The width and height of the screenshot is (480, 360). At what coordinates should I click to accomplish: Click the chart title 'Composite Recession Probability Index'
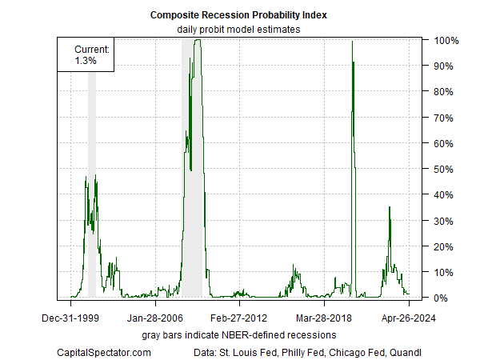pos(240,15)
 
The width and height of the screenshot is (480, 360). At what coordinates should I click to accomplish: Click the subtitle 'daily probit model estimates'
pos(239,30)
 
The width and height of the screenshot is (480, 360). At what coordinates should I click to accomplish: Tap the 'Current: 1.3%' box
pos(86,54)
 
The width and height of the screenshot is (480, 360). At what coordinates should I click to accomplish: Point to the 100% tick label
pos(446,40)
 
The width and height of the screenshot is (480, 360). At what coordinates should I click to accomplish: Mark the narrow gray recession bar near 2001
pos(92,184)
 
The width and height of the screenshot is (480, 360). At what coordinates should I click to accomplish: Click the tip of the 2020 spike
pos(353,42)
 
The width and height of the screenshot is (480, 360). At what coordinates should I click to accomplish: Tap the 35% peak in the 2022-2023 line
pos(390,207)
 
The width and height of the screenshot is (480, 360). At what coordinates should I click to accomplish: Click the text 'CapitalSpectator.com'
pos(104,351)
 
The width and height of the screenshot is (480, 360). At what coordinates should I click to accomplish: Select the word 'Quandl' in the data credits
pos(406,351)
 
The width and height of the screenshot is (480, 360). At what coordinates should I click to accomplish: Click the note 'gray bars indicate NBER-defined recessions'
pos(239,334)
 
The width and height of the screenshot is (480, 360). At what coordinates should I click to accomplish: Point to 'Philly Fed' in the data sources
pos(290,351)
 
